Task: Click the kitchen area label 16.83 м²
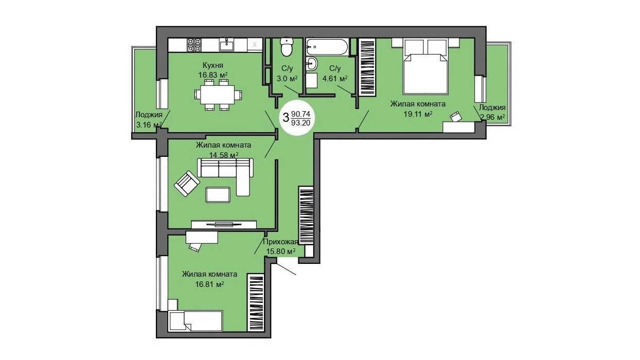[x=213, y=75]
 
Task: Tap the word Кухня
[x=213, y=65]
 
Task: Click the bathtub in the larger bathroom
[x=327, y=47]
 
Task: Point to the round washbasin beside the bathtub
[x=311, y=63]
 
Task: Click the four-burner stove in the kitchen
[x=194, y=45]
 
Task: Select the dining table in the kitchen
[x=218, y=95]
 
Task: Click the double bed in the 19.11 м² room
[x=425, y=74]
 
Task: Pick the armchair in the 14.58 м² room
[x=187, y=184]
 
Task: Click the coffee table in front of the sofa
[x=218, y=194]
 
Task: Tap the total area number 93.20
[x=300, y=123]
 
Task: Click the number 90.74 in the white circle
[x=300, y=114]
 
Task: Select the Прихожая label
[x=280, y=242]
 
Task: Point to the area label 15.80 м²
[x=281, y=251]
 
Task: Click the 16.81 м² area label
[x=209, y=284]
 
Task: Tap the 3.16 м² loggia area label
[x=149, y=125]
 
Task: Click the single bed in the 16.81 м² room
[x=195, y=321]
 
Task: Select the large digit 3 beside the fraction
[x=286, y=118]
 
